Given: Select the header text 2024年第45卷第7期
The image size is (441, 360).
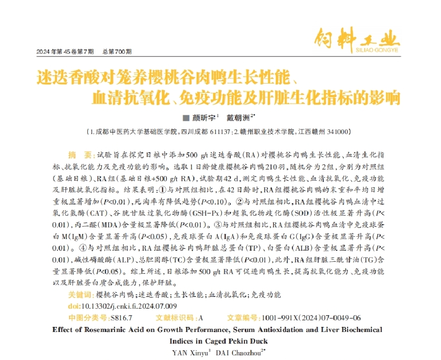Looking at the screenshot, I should click(65, 51).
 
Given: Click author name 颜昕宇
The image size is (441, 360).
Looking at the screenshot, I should click(205, 118).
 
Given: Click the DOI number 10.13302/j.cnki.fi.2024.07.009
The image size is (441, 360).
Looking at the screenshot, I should click(129, 306).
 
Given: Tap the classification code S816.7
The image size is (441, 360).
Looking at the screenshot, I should click(121, 318).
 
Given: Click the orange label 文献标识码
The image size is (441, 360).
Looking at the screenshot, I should click(175, 318).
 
